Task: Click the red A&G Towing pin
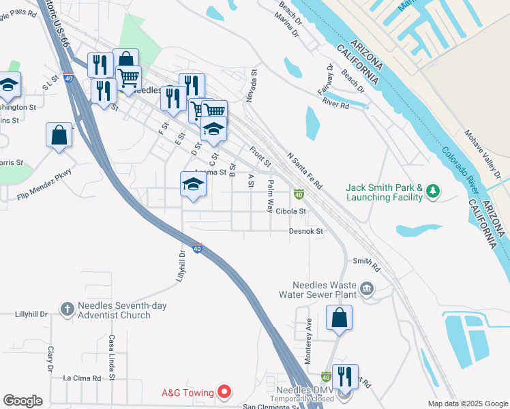coord(224,392)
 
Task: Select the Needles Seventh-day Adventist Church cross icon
coord(67,310)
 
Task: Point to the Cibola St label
coord(291,211)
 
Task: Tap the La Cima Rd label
coord(82,378)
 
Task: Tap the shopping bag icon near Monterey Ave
coord(339,318)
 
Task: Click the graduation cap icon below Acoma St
coord(194,185)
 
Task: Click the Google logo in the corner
coord(22,401)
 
